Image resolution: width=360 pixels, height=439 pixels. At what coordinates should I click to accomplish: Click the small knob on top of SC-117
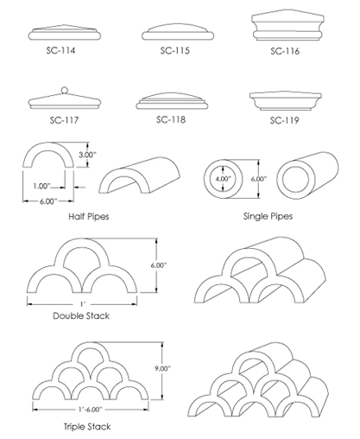coord(64,90)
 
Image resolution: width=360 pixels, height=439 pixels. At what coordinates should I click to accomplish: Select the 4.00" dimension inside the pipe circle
coord(225,180)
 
